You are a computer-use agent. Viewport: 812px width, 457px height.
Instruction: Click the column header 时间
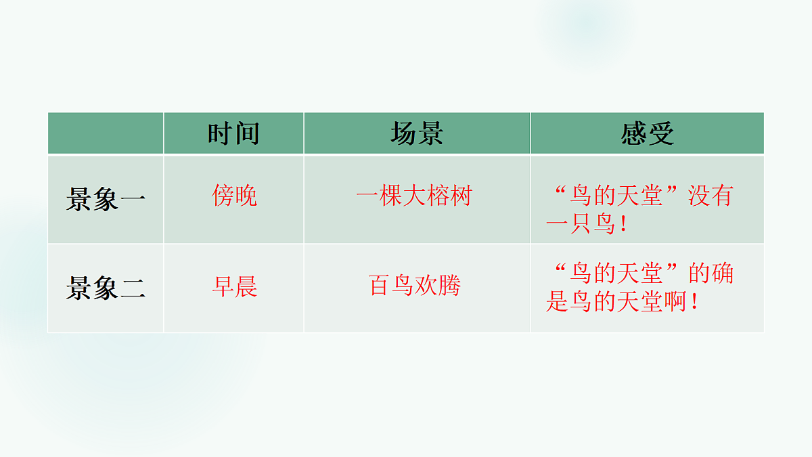(233, 134)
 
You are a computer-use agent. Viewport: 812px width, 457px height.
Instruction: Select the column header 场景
(417, 134)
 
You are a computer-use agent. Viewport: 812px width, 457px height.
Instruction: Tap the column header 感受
(648, 134)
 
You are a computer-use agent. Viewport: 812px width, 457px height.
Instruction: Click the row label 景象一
(106, 200)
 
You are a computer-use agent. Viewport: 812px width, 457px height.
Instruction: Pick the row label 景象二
(106, 289)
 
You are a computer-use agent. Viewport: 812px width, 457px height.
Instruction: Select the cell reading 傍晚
(234, 196)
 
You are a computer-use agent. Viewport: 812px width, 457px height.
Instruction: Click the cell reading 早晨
(234, 287)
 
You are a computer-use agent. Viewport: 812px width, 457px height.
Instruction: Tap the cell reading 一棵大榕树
(413, 196)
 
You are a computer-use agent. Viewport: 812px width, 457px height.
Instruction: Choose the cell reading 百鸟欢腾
(414, 286)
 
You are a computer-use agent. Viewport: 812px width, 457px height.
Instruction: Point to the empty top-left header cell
(106, 133)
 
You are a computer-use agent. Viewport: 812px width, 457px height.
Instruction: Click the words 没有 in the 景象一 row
(710, 196)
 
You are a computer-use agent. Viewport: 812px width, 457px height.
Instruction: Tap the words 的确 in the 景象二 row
(710, 274)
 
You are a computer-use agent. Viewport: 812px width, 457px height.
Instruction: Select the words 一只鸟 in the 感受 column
(579, 225)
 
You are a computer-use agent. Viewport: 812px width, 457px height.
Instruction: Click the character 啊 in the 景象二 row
(673, 302)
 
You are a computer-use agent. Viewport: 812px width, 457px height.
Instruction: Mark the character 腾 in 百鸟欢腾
(449, 286)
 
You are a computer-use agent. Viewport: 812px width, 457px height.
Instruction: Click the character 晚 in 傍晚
(246, 196)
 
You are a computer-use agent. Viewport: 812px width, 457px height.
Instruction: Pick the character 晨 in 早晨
(246, 287)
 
